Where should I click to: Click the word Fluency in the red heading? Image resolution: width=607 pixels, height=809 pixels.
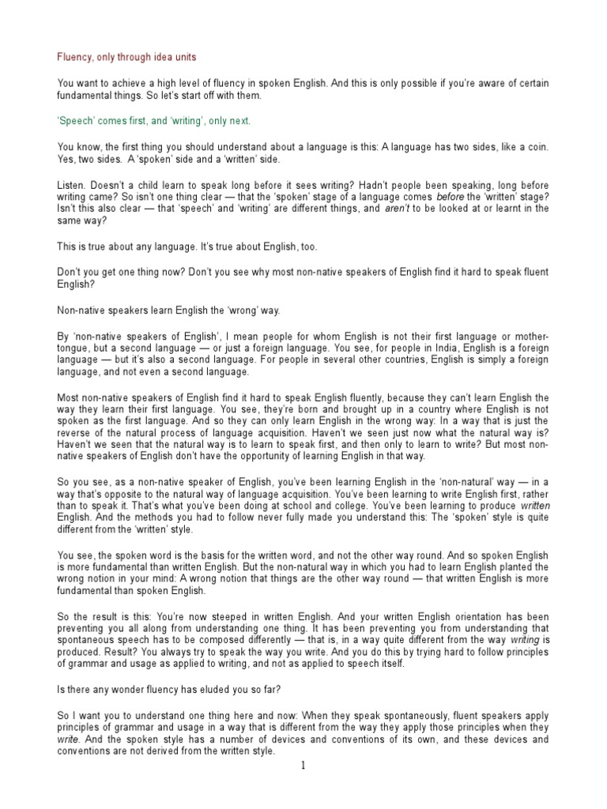(x=75, y=58)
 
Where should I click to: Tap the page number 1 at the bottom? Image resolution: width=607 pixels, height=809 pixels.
(x=302, y=766)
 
